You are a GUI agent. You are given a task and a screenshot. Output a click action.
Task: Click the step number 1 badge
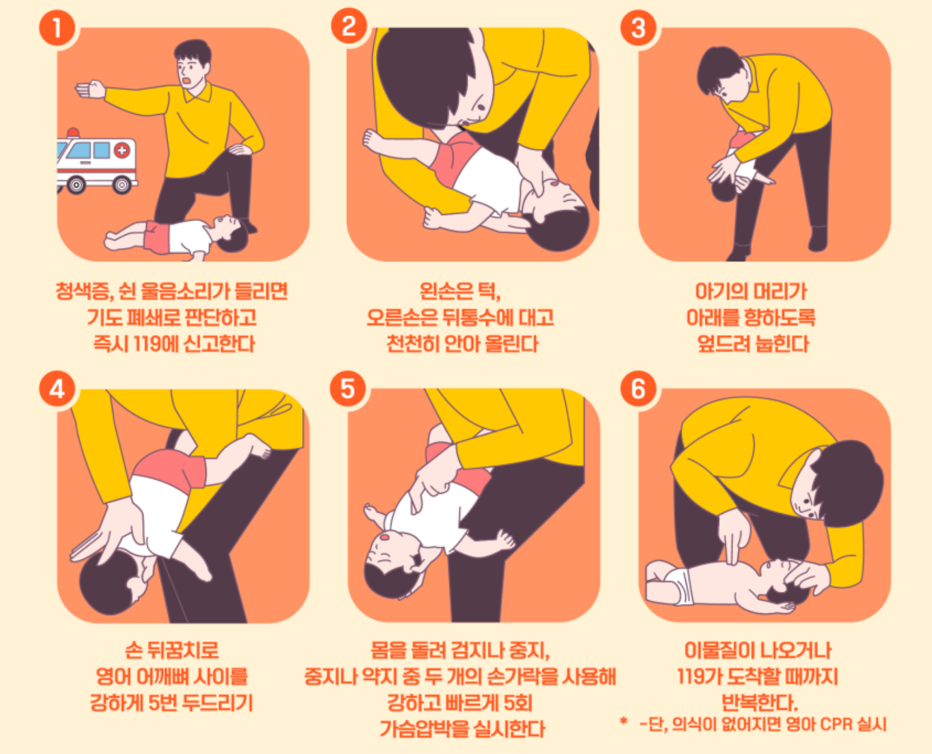(x=57, y=28)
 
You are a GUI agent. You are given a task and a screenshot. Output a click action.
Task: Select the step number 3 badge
(x=639, y=28)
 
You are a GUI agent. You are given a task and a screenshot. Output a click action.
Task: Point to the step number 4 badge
(x=57, y=389)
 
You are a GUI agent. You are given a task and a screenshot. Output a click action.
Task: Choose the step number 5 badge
(x=348, y=389)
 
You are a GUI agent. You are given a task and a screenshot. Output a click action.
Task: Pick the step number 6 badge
(x=639, y=389)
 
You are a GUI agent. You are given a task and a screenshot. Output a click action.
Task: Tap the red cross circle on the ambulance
(x=122, y=150)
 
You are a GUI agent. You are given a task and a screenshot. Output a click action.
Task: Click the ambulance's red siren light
(x=73, y=132)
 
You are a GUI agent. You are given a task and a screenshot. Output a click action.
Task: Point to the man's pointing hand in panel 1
(x=90, y=89)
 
